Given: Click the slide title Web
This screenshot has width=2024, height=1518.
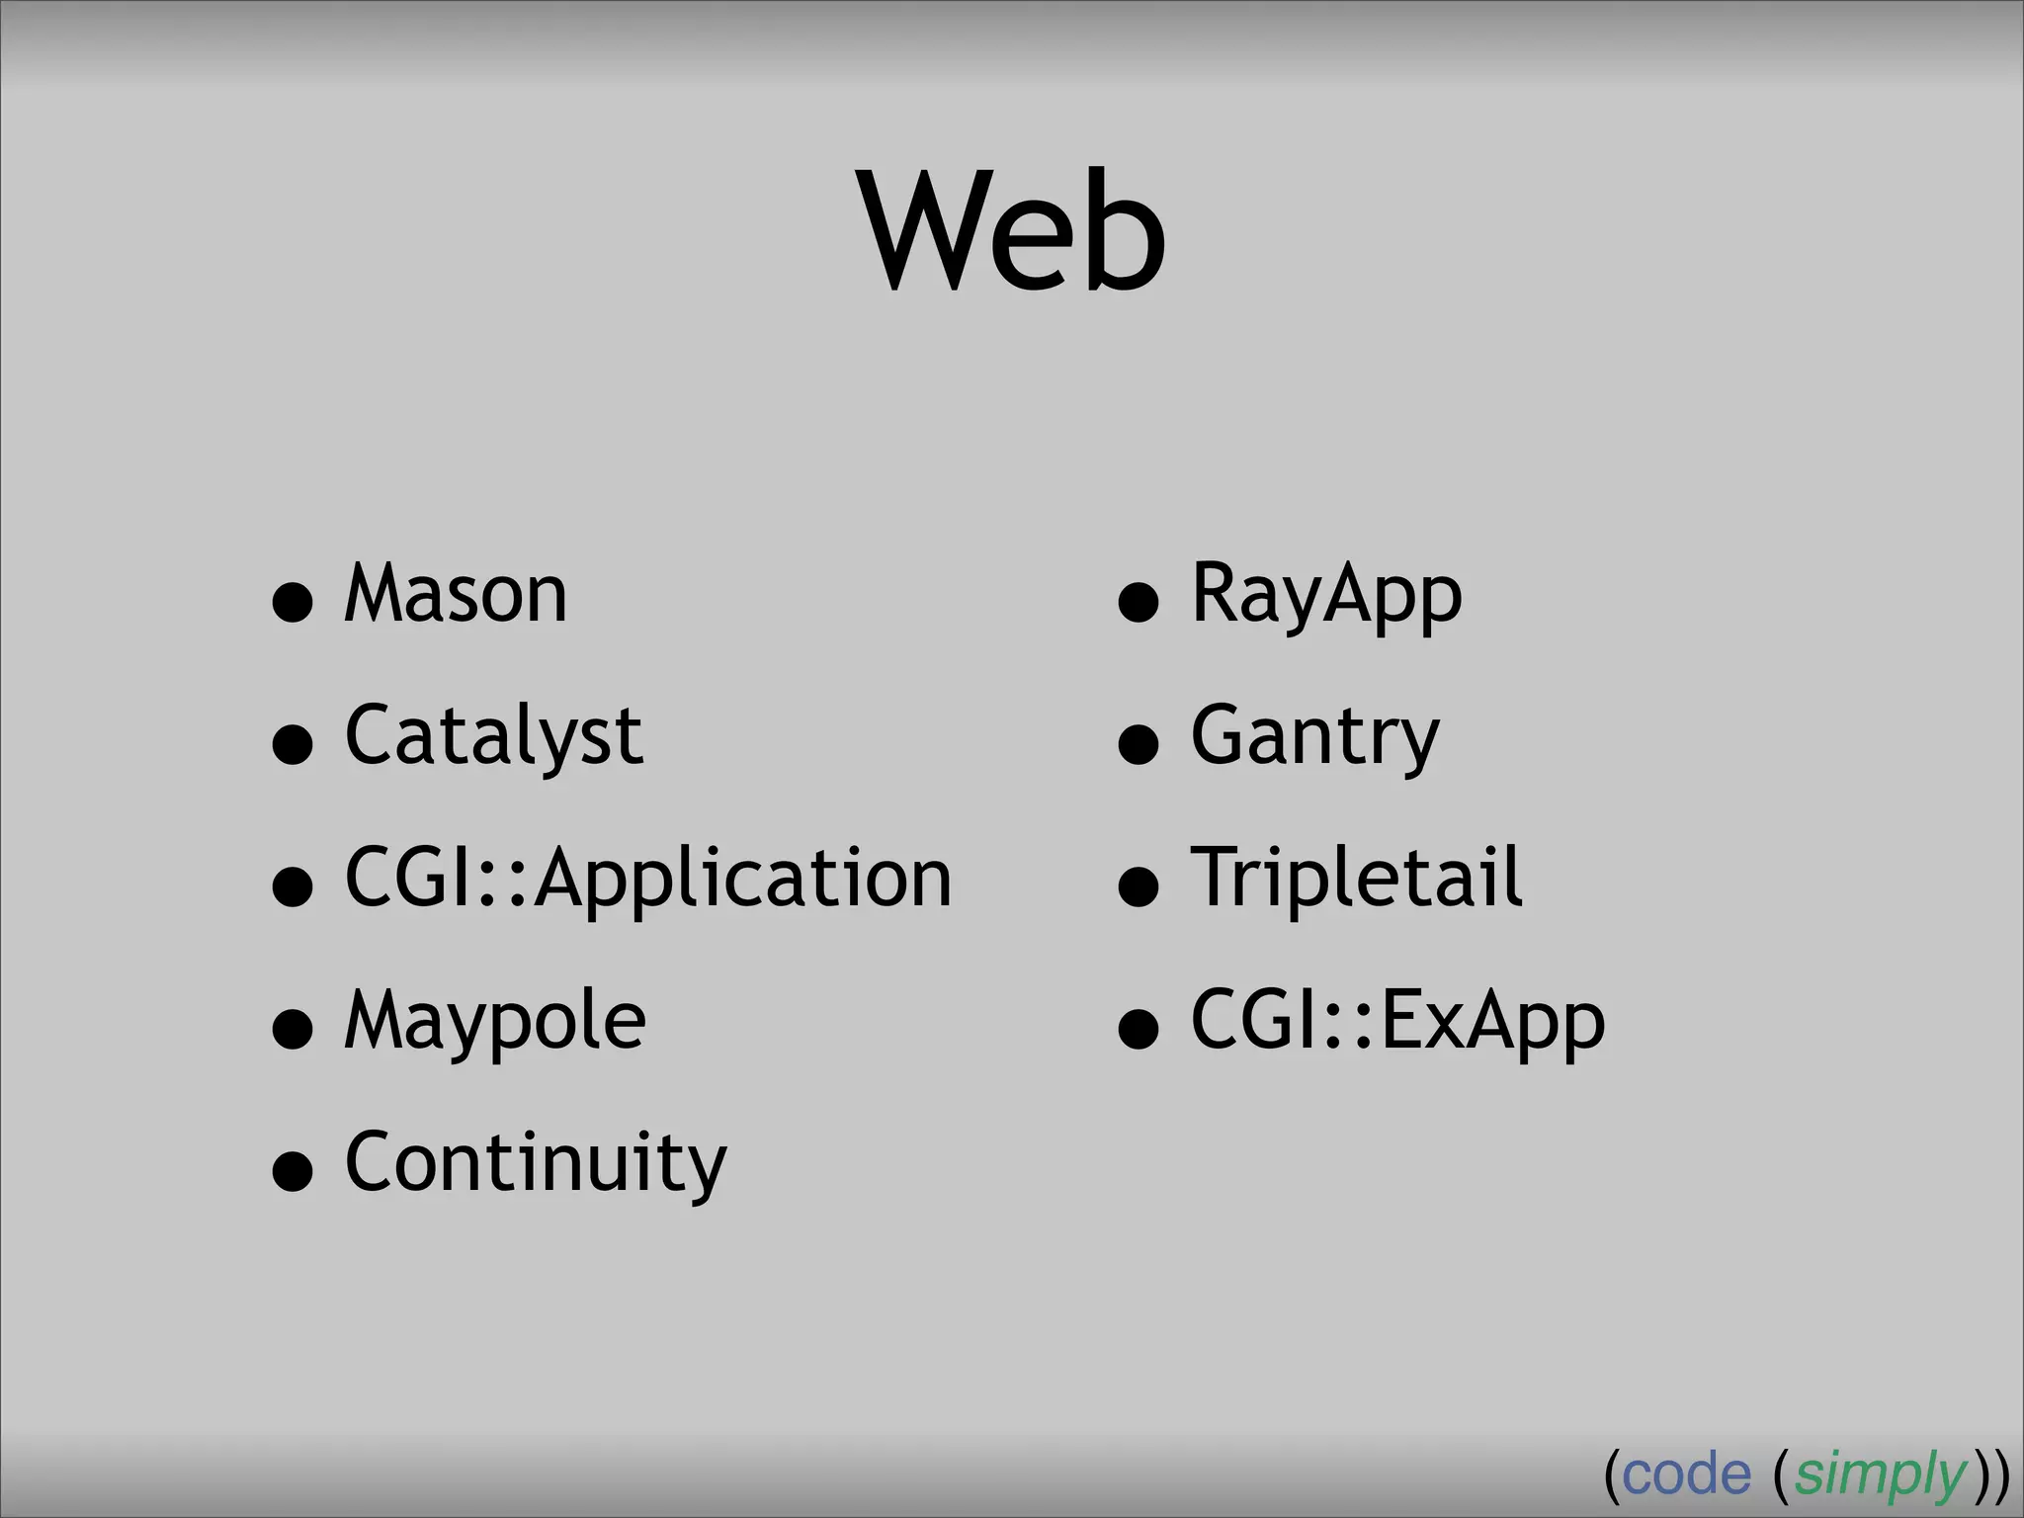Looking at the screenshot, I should (1013, 232).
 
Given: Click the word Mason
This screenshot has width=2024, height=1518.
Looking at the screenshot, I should (456, 594).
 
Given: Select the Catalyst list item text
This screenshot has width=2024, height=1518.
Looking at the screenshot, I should (494, 736).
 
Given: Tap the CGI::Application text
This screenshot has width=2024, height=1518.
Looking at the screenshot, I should (648, 879).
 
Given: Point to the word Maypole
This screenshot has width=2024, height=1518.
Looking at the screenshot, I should (495, 1021).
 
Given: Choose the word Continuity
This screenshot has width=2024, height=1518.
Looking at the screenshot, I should (536, 1163).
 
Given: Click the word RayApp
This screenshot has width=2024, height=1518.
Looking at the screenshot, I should (1326, 594).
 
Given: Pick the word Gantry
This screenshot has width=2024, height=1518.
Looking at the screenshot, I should (1315, 736).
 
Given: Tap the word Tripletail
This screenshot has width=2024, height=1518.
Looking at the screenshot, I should (1357, 879).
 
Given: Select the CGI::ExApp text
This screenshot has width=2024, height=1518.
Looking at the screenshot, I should (1398, 1021).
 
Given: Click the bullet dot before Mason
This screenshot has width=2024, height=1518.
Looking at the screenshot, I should (293, 602).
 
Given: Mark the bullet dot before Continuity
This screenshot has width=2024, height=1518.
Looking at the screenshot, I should (293, 1171).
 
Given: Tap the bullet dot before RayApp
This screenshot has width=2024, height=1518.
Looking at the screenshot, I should (1138, 602).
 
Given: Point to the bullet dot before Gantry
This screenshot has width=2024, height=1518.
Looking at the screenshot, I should (1138, 744).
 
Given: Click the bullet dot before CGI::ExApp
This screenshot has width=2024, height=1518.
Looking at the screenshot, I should (1138, 1029).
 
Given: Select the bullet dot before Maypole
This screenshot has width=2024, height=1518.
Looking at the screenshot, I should (293, 1029).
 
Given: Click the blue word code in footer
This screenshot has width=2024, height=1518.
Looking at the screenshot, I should (1686, 1476).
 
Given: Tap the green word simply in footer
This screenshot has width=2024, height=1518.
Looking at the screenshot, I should (1881, 1476).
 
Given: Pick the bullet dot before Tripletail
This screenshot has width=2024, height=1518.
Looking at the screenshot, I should (1138, 886).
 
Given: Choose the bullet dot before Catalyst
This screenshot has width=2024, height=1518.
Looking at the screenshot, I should (293, 744).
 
